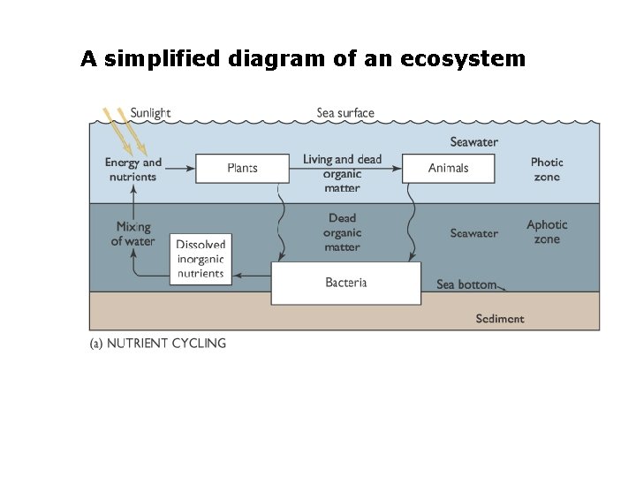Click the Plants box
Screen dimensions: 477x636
pos(242,168)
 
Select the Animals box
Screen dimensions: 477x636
pos(448,168)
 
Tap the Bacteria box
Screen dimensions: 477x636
pos(345,284)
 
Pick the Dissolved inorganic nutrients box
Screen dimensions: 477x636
pos(201,259)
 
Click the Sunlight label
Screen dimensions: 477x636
pos(150,113)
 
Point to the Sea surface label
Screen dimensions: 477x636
pos(345,113)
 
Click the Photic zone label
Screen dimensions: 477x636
pos(547,169)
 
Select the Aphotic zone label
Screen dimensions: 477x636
pos(547,231)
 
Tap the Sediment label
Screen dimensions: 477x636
pos(499,319)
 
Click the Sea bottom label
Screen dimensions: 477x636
pos(466,284)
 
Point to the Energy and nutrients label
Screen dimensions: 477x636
pos(133,169)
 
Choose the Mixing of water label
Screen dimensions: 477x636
pos(133,234)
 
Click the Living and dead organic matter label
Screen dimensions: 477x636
pos(342,173)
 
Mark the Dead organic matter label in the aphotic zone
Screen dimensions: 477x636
pos(342,232)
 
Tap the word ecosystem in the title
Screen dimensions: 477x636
pos(463,59)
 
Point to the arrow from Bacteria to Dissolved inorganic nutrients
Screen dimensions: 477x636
pos(253,276)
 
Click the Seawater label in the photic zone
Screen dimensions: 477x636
pos(473,141)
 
